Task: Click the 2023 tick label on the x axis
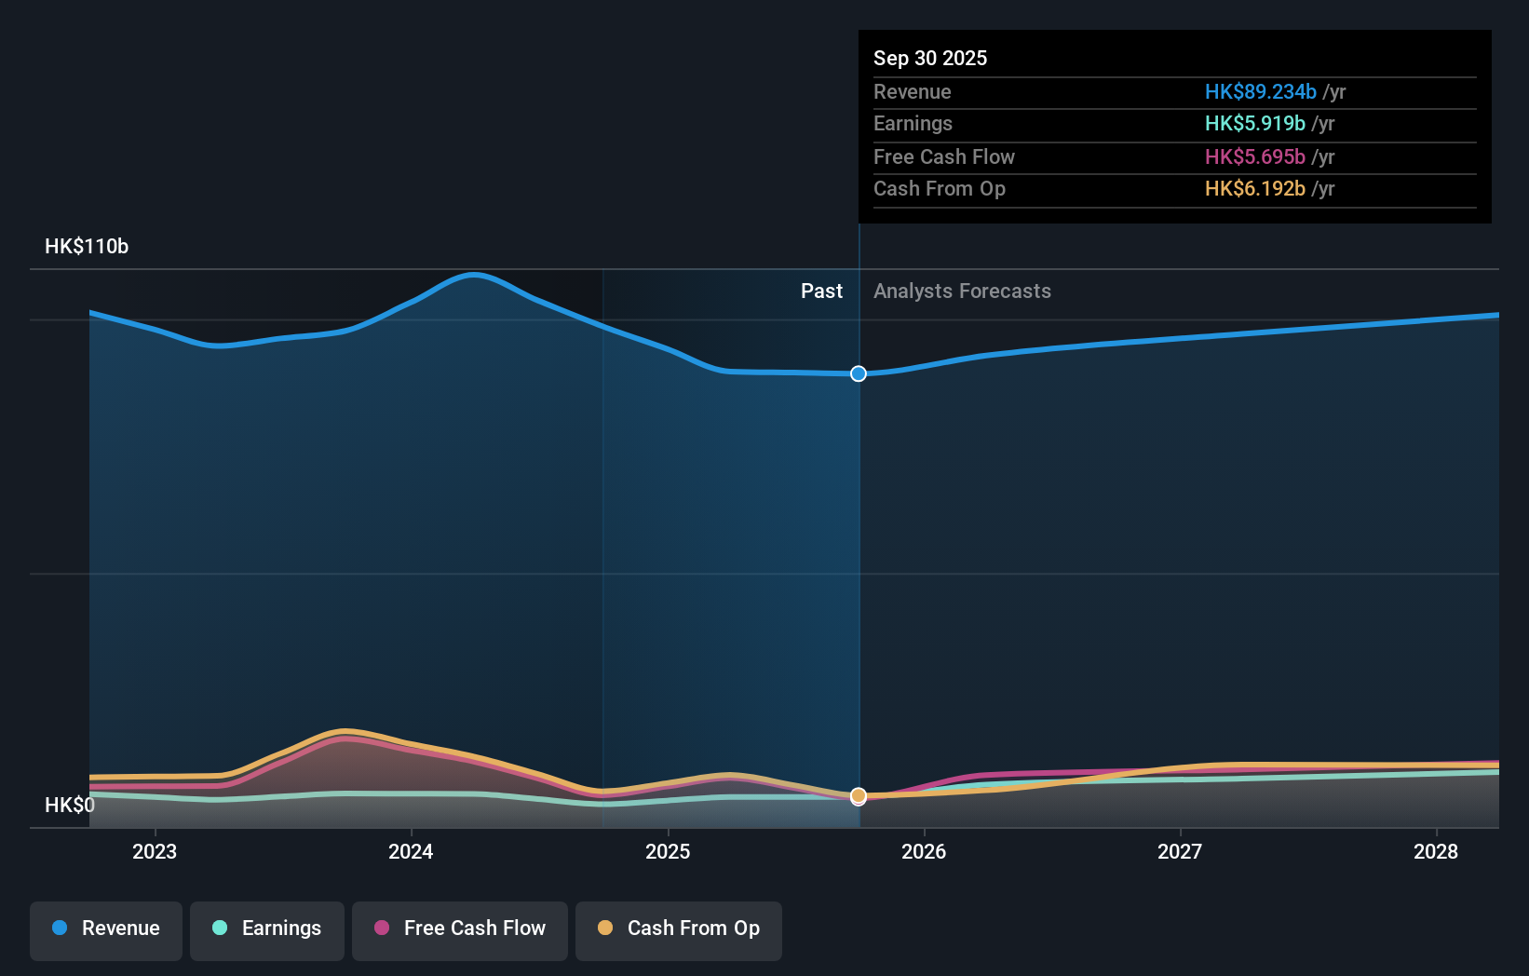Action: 155,851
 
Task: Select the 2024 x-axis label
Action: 411,851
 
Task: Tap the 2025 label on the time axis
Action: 668,851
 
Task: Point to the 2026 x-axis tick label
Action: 924,851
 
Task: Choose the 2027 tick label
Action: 1180,851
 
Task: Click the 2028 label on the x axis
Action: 1436,851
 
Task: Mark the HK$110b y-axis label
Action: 87,246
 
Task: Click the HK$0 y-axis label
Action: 70,805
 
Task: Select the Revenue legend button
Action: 106,929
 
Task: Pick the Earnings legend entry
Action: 267,929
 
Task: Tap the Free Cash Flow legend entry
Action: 460,929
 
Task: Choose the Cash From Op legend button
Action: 679,929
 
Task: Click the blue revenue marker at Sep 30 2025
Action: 859,373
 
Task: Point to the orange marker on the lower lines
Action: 859,796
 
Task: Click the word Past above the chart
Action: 821,291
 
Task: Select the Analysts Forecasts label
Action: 962,291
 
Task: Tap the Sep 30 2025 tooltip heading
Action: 930,58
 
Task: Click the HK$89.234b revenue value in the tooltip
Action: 1260,91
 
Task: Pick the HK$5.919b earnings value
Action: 1254,123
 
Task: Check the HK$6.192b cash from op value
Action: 1254,188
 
